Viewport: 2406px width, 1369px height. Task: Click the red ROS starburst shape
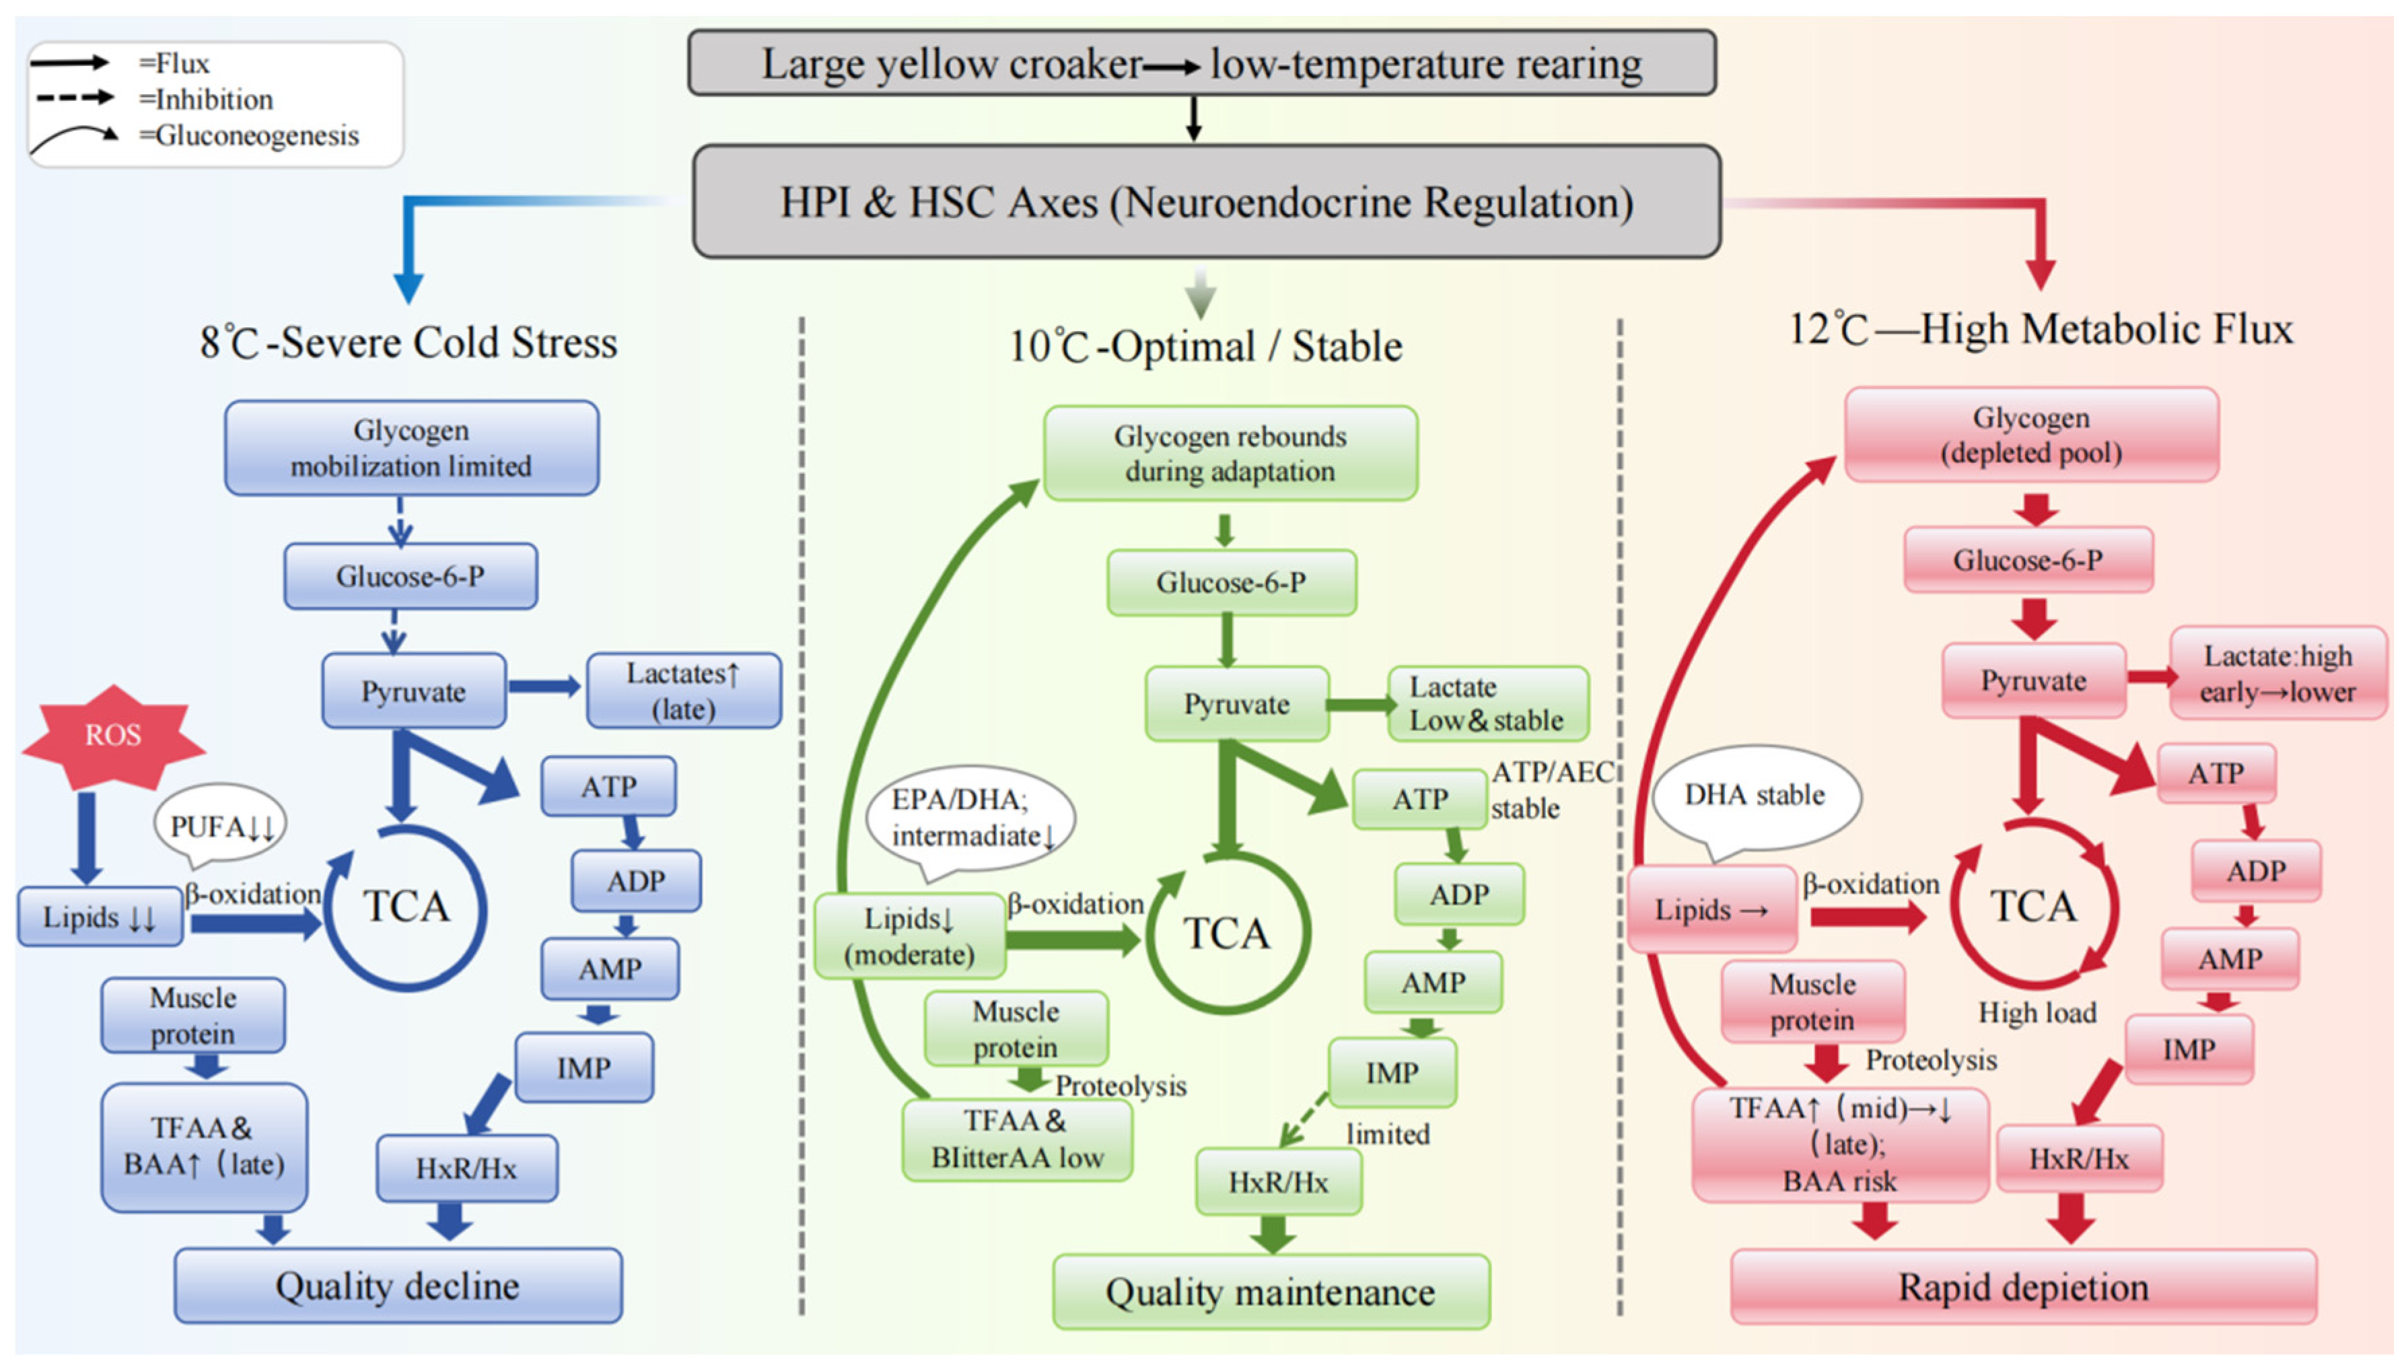click(113, 736)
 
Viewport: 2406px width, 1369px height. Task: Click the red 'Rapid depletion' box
click(2023, 1286)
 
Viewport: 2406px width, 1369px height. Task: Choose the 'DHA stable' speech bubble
click(1755, 796)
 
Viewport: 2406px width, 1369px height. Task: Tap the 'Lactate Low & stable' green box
click(1487, 703)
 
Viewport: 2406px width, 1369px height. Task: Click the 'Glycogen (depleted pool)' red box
click(2031, 434)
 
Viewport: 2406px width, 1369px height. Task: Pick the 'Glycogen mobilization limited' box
click(411, 448)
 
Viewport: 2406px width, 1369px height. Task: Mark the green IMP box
click(1392, 1072)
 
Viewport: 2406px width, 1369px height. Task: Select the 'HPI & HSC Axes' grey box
click(1206, 201)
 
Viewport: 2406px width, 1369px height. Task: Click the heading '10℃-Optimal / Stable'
click(1205, 346)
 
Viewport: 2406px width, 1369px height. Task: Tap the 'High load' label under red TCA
click(2037, 1013)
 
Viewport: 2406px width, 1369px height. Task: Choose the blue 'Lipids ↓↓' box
click(100, 916)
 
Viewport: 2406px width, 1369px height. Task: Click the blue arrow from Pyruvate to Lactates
click(544, 687)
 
